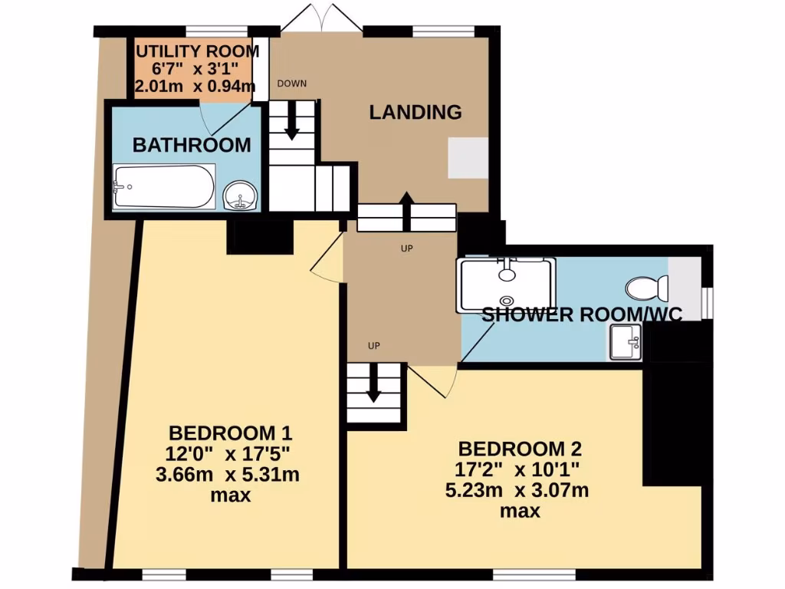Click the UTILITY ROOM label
click(x=197, y=51)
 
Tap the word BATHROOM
click(x=191, y=144)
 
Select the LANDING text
click(x=415, y=112)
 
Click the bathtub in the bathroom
click(x=164, y=186)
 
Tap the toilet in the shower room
click(x=648, y=288)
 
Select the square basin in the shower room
click(x=625, y=342)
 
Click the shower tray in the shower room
click(x=505, y=285)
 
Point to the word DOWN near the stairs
click(x=291, y=84)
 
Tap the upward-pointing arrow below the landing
click(x=406, y=207)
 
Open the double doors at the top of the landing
click(x=321, y=18)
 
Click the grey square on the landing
click(x=468, y=157)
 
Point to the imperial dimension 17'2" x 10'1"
click(x=520, y=469)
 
